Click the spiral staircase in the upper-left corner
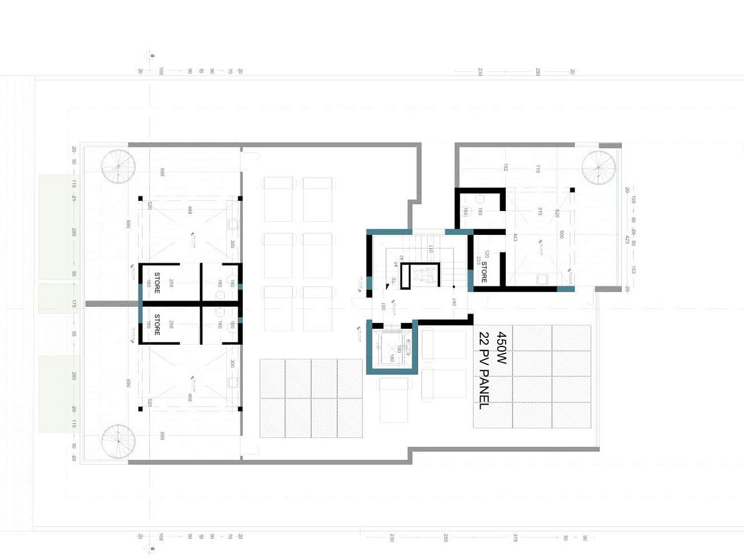click(118, 166)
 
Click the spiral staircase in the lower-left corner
click(118, 441)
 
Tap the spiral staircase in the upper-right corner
click(598, 167)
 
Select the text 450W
click(501, 348)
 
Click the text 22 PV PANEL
click(484, 370)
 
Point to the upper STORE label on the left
click(158, 283)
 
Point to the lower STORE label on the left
click(158, 324)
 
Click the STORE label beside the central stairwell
click(484, 272)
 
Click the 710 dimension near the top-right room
click(538, 168)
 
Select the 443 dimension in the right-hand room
click(515, 237)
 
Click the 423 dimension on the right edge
click(627, 239)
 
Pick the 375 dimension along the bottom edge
click(515, 538)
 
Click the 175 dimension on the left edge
click(74, 304)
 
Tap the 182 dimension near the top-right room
click(505, 167)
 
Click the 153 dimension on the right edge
click(633, 270)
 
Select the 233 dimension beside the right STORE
click(478, 262)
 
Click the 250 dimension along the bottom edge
click(445, 538)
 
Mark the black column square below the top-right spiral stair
click(572, 190)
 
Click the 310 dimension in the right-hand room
click(540, 211)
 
